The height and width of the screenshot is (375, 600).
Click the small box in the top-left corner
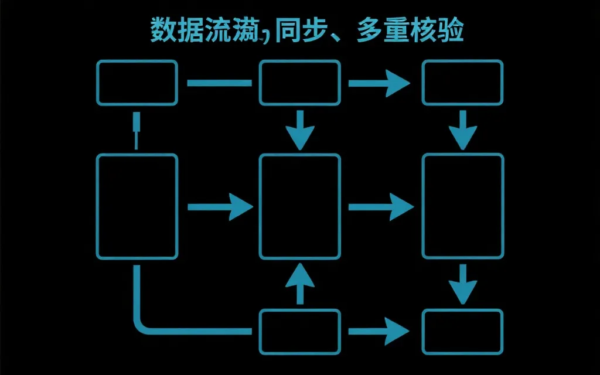pyautogui.click(x=137, y=83)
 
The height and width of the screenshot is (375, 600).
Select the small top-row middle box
pyautogui.click(x=300, y=83)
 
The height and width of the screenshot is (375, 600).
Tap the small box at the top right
pyautogui.click(x=463, y=83)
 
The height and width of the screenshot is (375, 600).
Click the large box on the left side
pyautogui.click(x=137, y=206)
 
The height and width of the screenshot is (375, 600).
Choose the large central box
pyautogui.click(x=300, y=206)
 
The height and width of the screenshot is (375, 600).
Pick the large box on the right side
pyautogui.click(x=463, y=206)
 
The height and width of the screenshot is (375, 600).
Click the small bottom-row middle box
pyautogui.click(x=300, y=332)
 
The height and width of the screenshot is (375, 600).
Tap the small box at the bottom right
pyautogui.click(x=463, y=332)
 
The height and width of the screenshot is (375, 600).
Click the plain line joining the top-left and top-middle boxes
pyautogui.click(x=219, y=83)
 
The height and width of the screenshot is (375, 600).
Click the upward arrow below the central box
pyautogui.click(x=300, y=284)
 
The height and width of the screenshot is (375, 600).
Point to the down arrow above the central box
pyautogui.click(x=300, y=130)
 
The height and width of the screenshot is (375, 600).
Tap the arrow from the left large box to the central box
pyautogui.click(x=219, y=206)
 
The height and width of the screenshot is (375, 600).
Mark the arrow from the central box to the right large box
pyautogui.click(x=381, y=206)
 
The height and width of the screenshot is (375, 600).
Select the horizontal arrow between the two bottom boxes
pyautogui.click(x=380, y=332)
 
